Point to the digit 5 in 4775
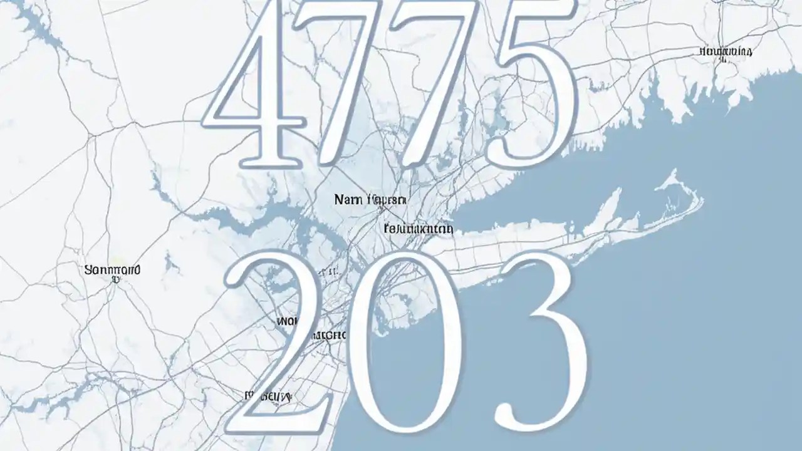(533, 88)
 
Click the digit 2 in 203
(276, 351)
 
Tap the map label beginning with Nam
(370, 200)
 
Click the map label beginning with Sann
(112, 271)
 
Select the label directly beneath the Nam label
(418, 229)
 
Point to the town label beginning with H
(726, 51)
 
